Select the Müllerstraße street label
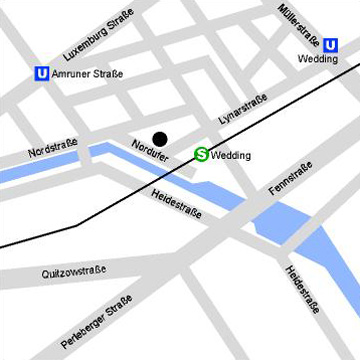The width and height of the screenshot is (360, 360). click(300, 25)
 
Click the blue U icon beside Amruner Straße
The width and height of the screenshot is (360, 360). click(41, 73)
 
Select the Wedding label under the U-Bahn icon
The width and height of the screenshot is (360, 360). click(319, 59)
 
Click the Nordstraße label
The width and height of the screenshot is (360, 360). click(53, 151)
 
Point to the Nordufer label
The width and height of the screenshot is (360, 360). click(150, 154)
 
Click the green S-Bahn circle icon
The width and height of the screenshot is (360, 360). click(201, 155)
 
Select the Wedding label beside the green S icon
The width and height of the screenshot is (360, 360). click(231, 156)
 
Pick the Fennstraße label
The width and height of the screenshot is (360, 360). click(291, 177)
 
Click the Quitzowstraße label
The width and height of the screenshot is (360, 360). click(73, 272)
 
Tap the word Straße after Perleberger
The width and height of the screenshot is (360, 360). click(120, 304)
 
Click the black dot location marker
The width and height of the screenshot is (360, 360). click(160, 138)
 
